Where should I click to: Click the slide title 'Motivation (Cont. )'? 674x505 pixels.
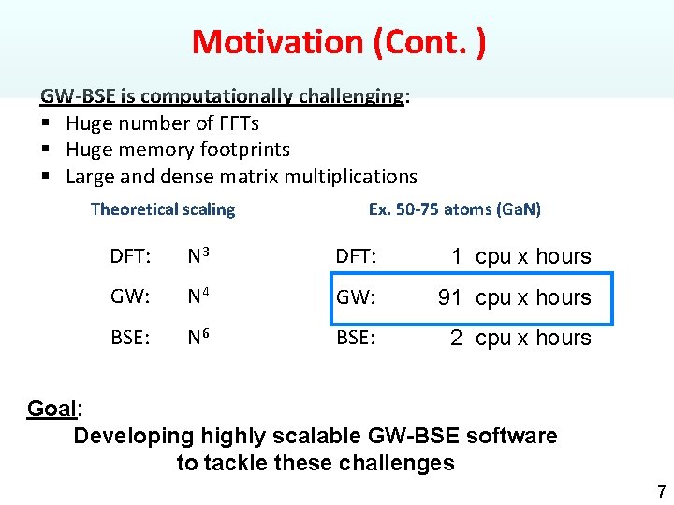click(338, 42)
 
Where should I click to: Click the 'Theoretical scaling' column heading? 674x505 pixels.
click(163, 209)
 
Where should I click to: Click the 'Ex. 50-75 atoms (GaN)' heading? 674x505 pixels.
click(454, 209)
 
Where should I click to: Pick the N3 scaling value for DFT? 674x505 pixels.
click(198, 256)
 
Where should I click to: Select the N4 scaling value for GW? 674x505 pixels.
click(198, 297)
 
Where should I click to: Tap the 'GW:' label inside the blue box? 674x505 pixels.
click(355, 297)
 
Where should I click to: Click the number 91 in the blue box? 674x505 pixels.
click(450, 297)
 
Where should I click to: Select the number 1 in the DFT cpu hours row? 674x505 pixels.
click(456, 256)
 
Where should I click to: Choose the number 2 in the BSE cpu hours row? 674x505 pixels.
click(456, 339)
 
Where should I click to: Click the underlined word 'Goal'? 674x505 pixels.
click(52, 409)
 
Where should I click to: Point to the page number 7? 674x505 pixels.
click(661, 491)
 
